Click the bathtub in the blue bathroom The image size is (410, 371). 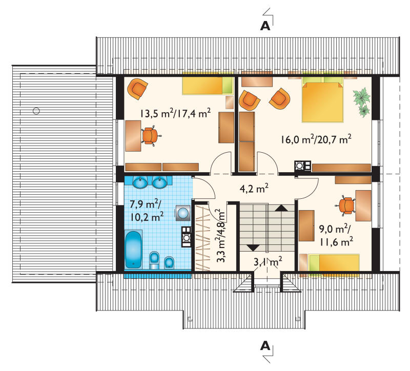tap(134, 250)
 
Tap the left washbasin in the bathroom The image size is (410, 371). tap(140, 182)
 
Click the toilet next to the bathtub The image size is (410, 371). tap(154, 260)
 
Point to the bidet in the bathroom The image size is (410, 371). tap(170, 262)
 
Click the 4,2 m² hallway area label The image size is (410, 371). tap(254, 188)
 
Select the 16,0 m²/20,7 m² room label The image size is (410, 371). tap(316, 139)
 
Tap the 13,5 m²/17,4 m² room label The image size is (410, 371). tap(175, 113)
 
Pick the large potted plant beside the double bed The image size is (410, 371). tap(362, 96)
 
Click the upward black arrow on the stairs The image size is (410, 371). tap(281, 208)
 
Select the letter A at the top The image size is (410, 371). tap(265, 26)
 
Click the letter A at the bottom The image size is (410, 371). tap(265, 346)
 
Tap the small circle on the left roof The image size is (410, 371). tap(36, 111)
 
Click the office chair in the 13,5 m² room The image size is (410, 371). tap(150, 136)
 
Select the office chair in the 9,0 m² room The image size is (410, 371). tap(345, 205)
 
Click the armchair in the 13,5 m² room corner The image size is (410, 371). tap(137, 89)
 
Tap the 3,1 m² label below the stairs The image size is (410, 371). tap(268, 261)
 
